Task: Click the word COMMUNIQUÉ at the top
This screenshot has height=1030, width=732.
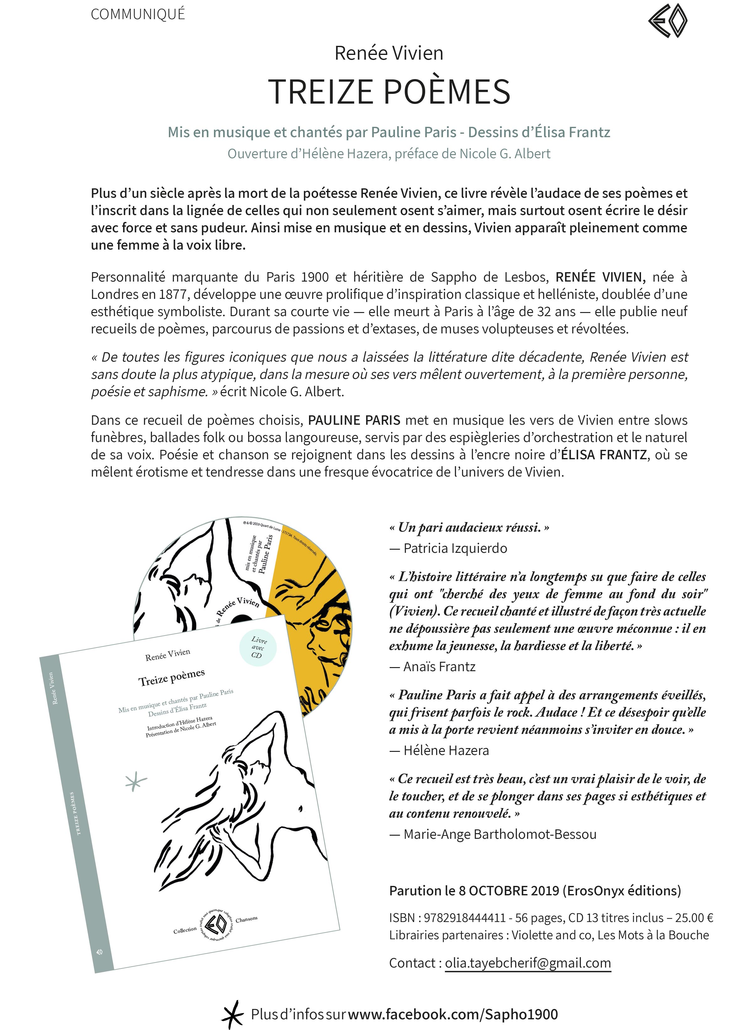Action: tap(138, 14)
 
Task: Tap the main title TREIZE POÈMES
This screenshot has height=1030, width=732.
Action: tap(389, 92)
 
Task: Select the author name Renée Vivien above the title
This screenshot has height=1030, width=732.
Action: tap(388, 53)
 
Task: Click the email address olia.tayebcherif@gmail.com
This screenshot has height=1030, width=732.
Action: tap(527, 963)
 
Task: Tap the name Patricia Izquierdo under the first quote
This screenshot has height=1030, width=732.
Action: tap(455, 548)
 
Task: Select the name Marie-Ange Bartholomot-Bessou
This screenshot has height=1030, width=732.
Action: tap(500, 834)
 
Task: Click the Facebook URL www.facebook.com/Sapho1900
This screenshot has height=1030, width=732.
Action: tap(453, 1014)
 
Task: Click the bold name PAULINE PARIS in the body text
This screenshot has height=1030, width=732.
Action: tap(354, 420)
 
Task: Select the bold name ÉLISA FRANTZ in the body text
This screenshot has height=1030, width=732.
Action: tap(604, 455)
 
